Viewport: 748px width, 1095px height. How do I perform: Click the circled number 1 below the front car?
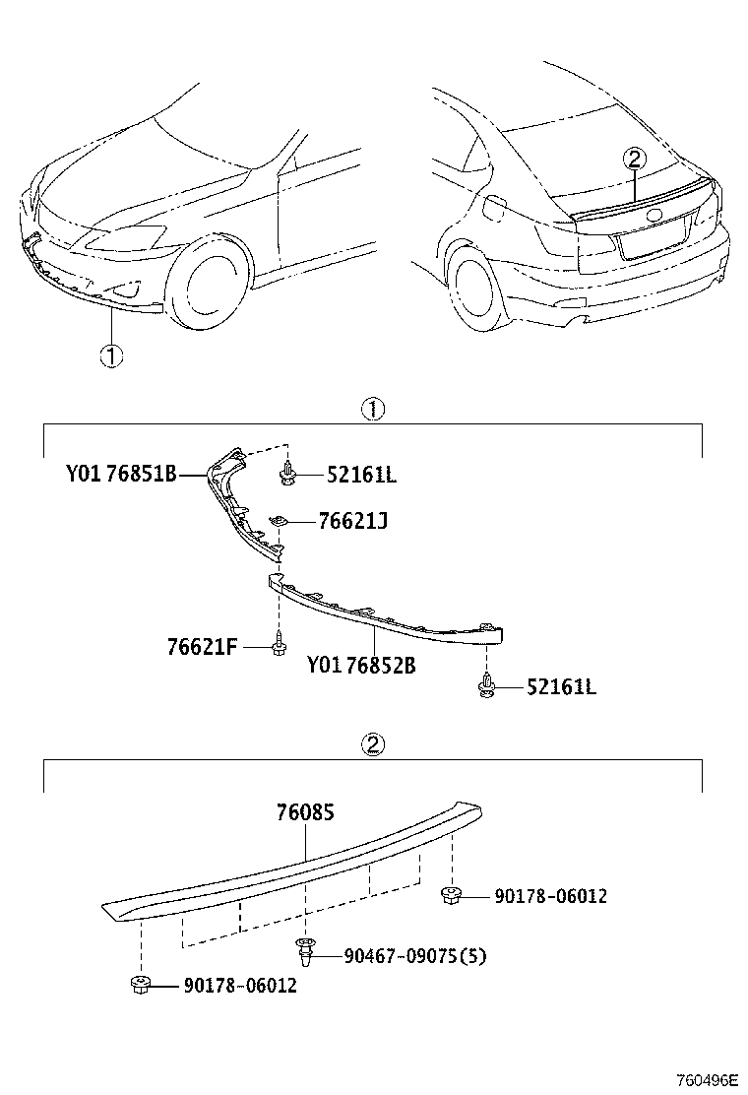pos(111,356)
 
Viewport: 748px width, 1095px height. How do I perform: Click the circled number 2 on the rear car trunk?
pos(635,159)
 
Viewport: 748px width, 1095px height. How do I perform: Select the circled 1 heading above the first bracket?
pos(373,409)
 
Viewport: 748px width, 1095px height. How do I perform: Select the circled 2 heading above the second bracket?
pos(373,745)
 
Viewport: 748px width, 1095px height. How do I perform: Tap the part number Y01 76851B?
pos(121,474)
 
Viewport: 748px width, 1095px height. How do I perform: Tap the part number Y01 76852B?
pos(361,666)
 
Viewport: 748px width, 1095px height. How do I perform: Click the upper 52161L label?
pos(361,476)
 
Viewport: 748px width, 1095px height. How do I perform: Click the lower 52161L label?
pos(560,686)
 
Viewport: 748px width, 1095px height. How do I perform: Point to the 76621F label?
pos(203,647)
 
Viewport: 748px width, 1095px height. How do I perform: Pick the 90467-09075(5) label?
pos(415,955)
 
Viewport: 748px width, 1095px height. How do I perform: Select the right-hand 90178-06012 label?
pos(550,896)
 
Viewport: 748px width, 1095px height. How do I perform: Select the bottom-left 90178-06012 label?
pos(239,985)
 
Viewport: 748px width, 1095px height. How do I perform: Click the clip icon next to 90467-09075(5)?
pos(306,951)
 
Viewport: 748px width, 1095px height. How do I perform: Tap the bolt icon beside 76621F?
pos(279,645)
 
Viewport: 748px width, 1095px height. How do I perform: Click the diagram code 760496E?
pos(706,1080)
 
